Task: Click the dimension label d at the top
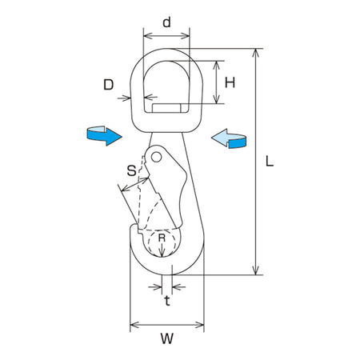pyautogui.click(x=166, y=22)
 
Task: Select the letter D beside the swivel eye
pyautogui.click(x=108, y=85)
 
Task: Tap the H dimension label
pyautogui.click(x=230, y=82)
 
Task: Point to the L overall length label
pyautogui.click(x=270, y=161)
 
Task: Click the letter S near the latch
pyautogui.click(x=131, y=170)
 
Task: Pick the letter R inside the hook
pyautogui.click(x=162, y=238)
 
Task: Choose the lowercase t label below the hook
pyautogui.click(x=167, y=301)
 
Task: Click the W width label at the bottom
pyautogui.click(x=167, y=338)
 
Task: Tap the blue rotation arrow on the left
pyautogui.click(x=104, y=135)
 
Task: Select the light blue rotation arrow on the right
pyautogui.click(x=229, y=138)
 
